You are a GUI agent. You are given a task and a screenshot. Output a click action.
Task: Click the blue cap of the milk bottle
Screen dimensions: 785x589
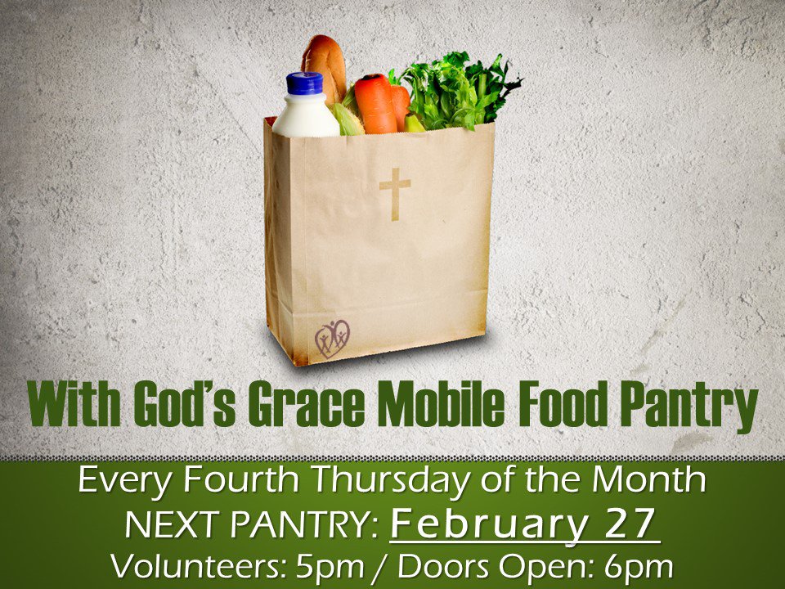304,83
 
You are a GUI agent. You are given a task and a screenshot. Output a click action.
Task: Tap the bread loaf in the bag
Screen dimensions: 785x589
324,66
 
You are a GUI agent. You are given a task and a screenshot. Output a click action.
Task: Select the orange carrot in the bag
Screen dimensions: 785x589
375,103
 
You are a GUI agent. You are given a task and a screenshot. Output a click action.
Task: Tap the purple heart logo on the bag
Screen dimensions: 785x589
332,339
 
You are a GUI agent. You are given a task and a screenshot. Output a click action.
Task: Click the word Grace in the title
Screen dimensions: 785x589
307,404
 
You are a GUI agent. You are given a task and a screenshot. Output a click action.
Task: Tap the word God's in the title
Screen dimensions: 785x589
185,404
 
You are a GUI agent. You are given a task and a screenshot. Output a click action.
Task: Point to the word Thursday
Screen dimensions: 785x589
392,481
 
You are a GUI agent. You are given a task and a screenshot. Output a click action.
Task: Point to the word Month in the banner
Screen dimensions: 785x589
649,479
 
